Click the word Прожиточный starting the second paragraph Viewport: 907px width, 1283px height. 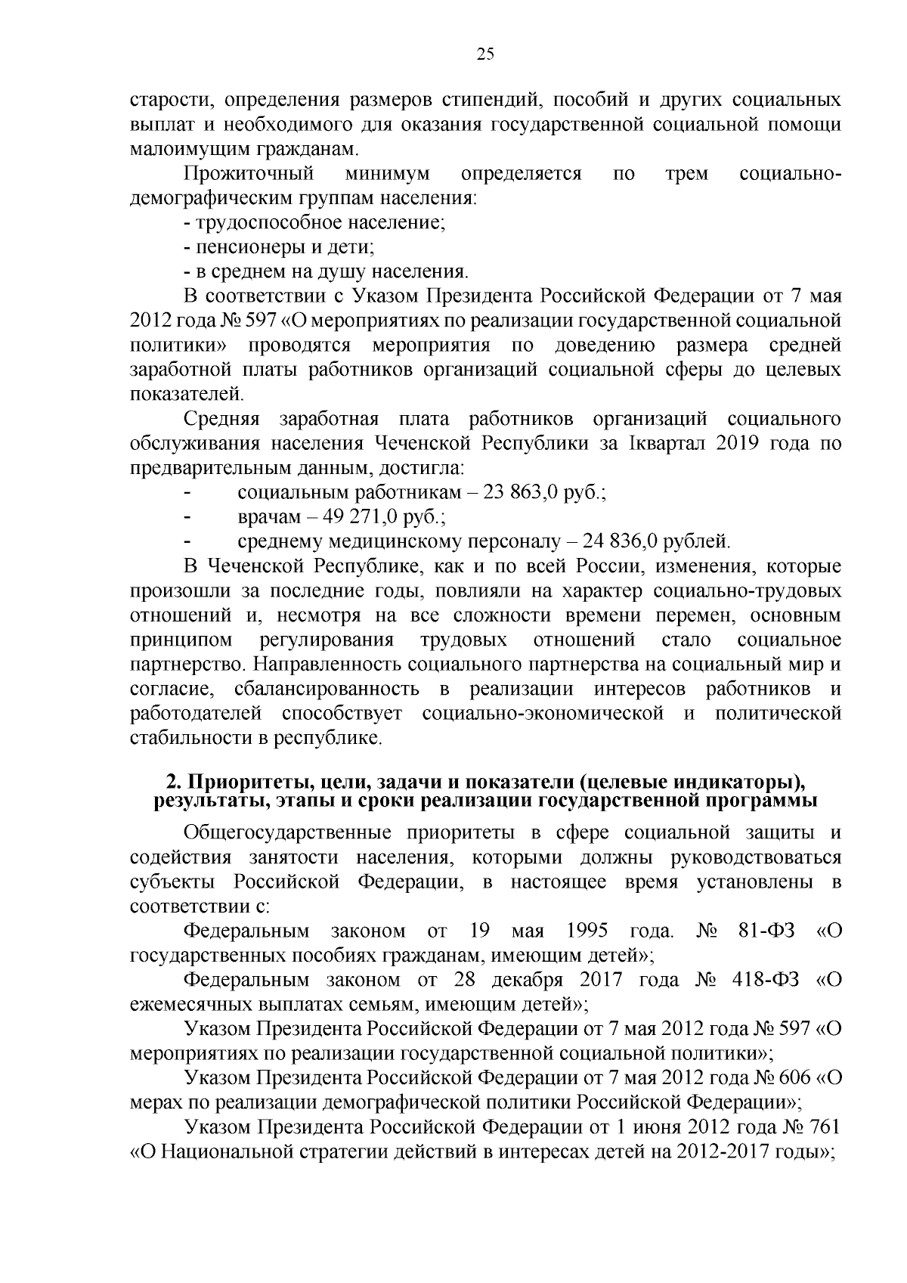pos(249,174)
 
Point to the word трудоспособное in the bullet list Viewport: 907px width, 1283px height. pos(270,223)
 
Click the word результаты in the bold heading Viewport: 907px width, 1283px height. pos(200,801)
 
